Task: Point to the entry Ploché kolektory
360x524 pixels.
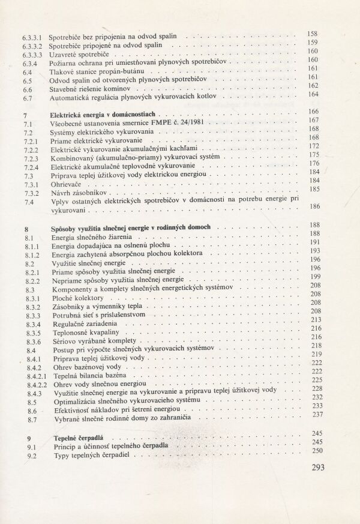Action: [x=77, y=298]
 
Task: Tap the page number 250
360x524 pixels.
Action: [x=315, y=451]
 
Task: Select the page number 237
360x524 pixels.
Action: [x=315, y=413]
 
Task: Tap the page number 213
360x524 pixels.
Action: [x=315, y=320]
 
